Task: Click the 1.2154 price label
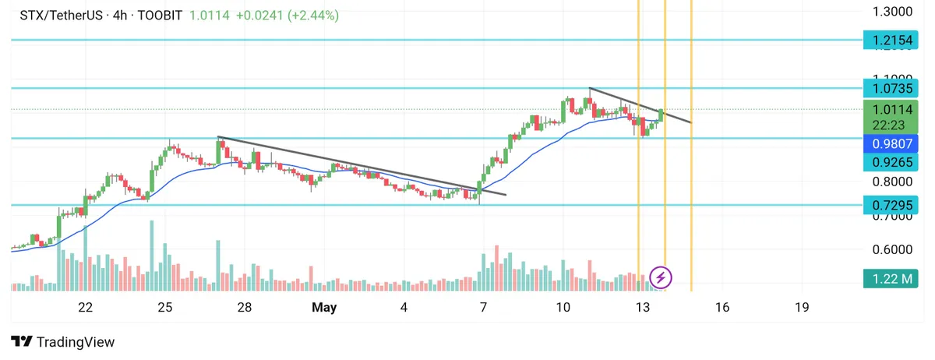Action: tap(892, 40)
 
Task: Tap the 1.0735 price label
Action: tap(892, 89)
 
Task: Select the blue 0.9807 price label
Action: tap(892, 143)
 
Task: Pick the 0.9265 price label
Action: tap(892, 162)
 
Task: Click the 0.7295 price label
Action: tap(892, 205)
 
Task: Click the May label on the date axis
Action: tap(324, 308)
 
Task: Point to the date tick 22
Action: tap(86, 308)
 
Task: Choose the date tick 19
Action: tap(802, 308)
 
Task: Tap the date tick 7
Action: tap(484, 308)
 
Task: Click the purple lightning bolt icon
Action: tap(662, 277)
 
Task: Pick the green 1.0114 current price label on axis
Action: tap(892, 110)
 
